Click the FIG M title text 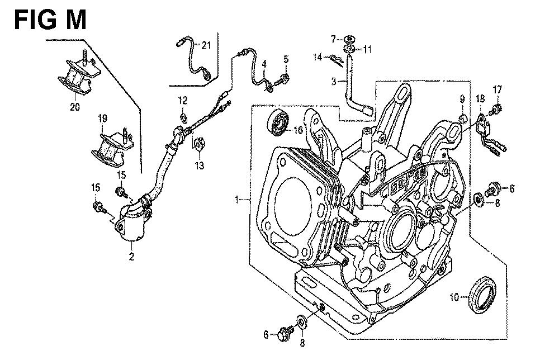50,20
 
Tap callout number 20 75,106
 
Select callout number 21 206,45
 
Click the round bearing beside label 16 278,124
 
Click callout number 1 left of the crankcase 236,199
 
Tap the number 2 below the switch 131,256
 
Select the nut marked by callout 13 200,144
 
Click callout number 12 183,101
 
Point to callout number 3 333,81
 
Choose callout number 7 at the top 333,39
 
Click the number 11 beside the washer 367,49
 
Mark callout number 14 318,57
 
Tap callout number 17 498,89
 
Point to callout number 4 264,64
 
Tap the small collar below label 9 462,119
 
